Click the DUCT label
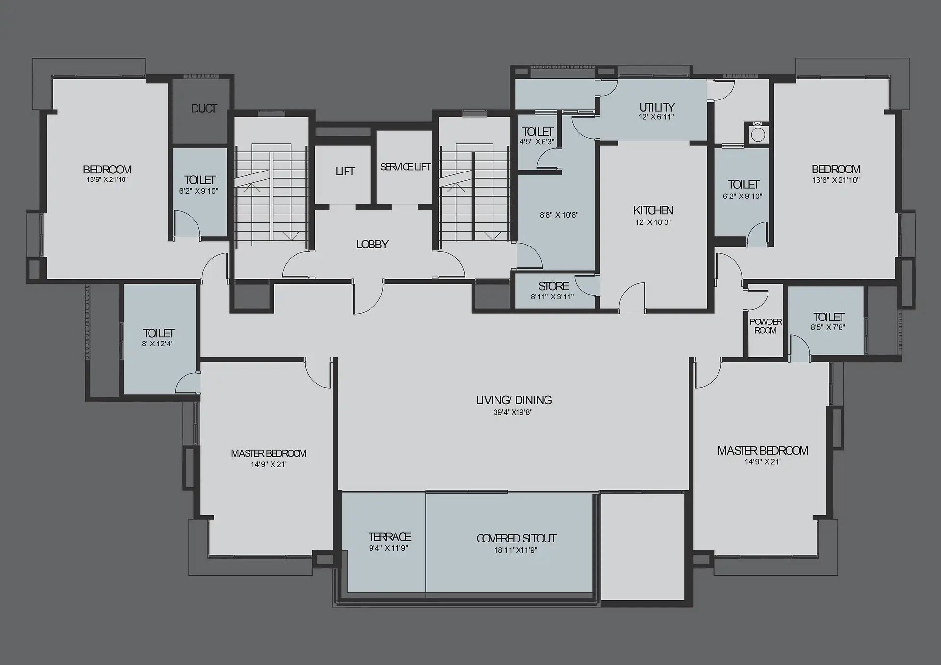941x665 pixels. [x=204, y=109]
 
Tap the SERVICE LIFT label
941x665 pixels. [x=405, y=167]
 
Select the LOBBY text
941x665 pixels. [x=372, y=245]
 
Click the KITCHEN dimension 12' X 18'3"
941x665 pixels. [x=653, y=222]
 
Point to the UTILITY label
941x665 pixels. [x=657, y=107]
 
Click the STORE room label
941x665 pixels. [x=553, y=286]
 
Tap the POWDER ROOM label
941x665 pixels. [x=766, y=326]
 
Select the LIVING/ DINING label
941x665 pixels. [x=514, y=400]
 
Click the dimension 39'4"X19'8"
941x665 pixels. [x=513, y=413]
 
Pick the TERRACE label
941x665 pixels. [x=390, y=537]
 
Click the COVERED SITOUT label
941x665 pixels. [x=516, y=539]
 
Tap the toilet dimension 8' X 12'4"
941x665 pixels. [x=157, y=344]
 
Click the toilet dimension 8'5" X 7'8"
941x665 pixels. [x=828, y=327]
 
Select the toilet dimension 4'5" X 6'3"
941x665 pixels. [x=537, y=142]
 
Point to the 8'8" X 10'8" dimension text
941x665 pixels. [x=559, y=215]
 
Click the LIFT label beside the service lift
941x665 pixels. [x=345, y=172]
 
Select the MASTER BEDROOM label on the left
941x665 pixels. [x=269, y=454]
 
